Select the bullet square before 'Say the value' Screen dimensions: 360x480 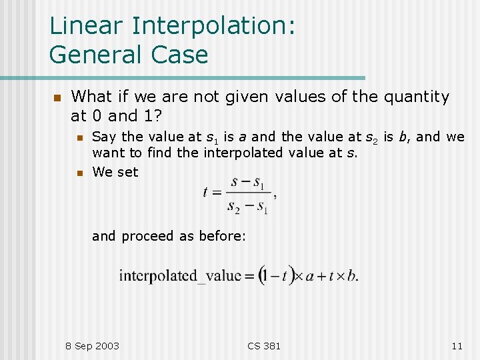click(79, 137)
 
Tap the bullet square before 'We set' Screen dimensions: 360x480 click(79, 173)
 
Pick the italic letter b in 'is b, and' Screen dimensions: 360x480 click(405, 137)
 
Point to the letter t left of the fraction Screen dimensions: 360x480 click(206, 193)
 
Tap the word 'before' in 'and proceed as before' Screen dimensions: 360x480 click(225, 236)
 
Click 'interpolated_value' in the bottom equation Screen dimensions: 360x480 click(179, 275)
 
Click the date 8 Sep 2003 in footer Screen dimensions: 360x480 click(93, 345)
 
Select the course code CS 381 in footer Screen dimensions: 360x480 click(264, 345)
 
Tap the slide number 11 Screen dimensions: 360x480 click(457, 345)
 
